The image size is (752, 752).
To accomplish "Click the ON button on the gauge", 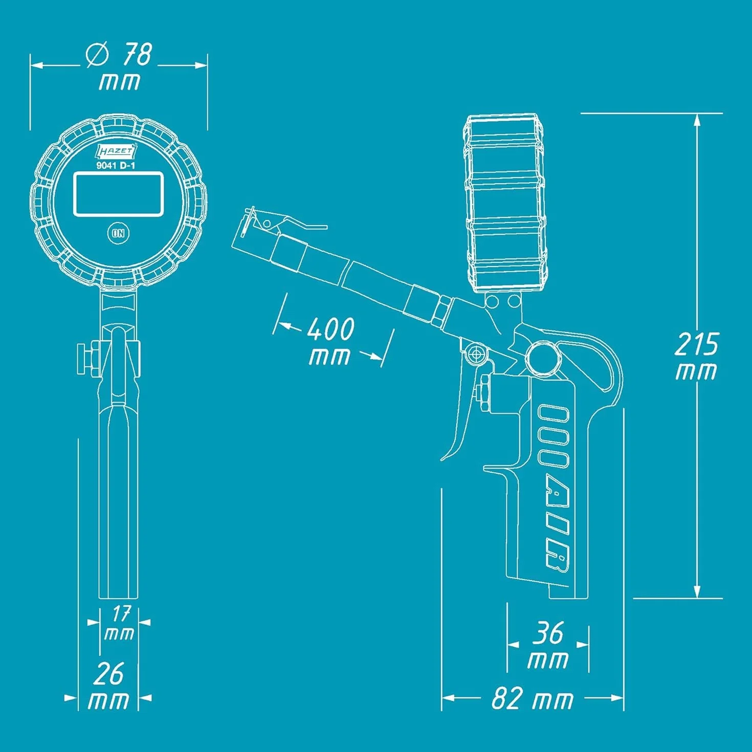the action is [x=118, y=233].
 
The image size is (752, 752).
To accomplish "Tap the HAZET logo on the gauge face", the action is [x=116, y=151].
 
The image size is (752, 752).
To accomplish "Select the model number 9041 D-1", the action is [x=116, y=165].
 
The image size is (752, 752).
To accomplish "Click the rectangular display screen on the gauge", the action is [x=118, y=193].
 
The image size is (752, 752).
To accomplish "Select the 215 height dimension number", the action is [x=696, y=344].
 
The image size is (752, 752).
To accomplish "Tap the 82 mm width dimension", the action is [x=533, y=698].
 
